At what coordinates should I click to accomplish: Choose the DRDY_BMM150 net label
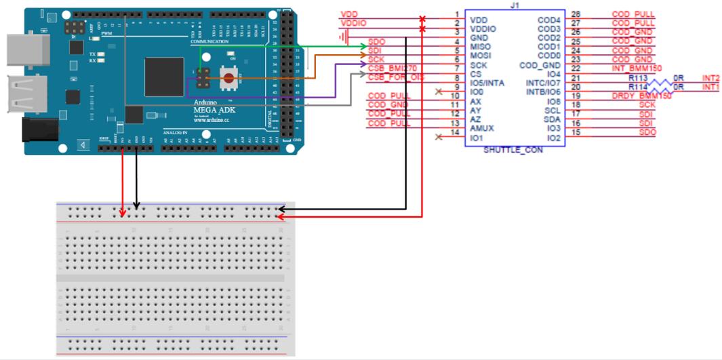click(x=641, y=96)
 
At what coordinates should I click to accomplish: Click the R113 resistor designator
click(x=638, y=78)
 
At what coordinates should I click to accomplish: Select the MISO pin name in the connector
click(x=481, y=45)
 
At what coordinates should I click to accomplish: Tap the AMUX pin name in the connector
click(x=483, y=128)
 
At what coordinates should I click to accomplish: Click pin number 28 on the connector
click(x=576, y=14)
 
